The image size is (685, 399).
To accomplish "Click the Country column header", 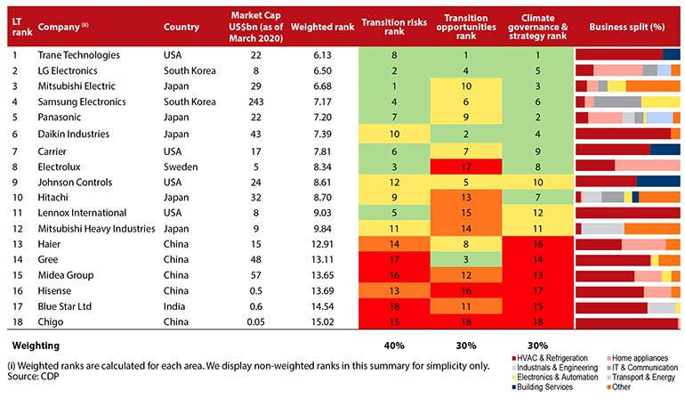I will tap(181, 27).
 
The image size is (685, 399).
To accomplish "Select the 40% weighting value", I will tap(394, 344).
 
